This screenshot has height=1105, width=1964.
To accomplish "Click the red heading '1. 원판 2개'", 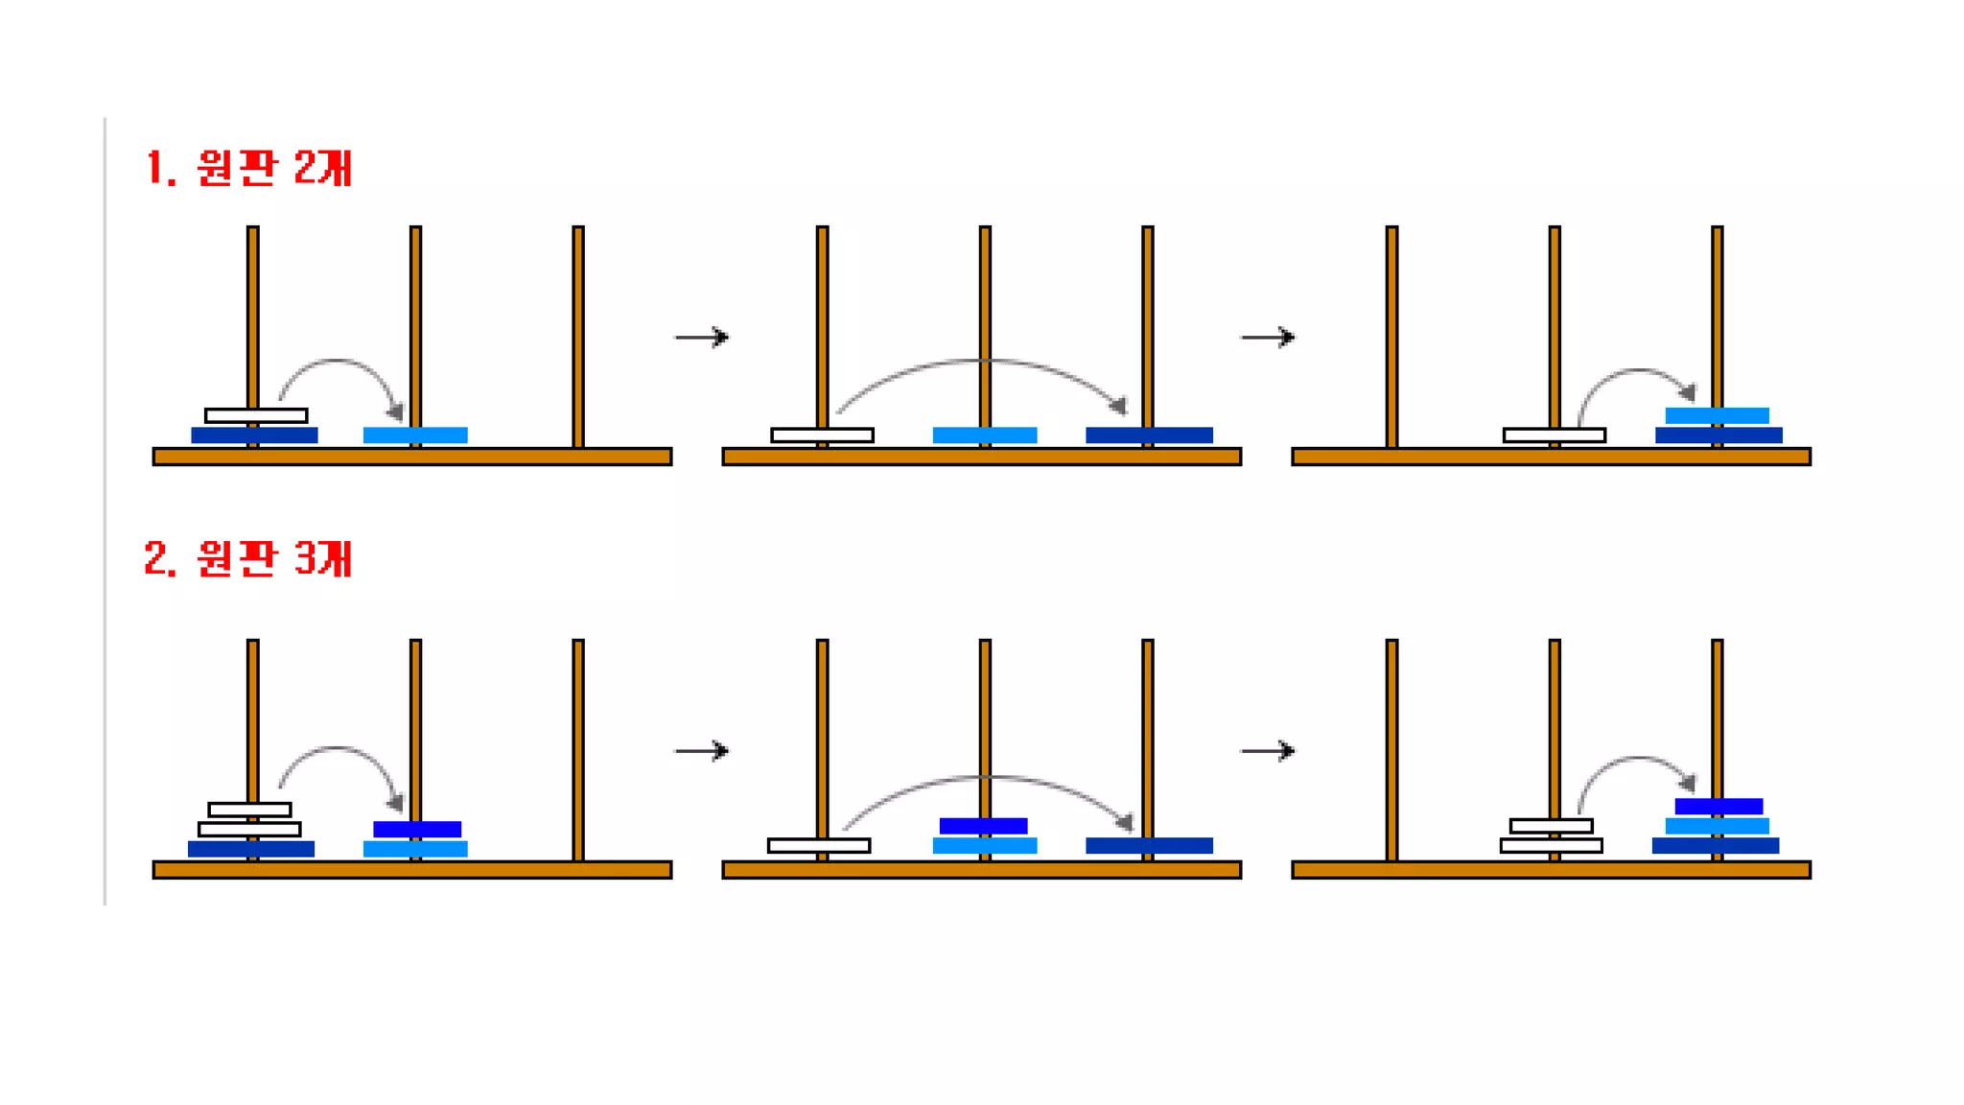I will click(248, 168).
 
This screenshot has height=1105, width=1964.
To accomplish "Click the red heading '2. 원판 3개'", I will click(248, 558).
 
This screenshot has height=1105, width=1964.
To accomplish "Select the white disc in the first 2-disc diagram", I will click(256, 415).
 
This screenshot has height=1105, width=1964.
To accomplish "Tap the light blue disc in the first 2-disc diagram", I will click(415, 435).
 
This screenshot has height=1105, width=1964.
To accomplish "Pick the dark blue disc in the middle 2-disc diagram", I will click(1149, 435).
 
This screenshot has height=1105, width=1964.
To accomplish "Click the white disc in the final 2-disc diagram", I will click(1554, 435).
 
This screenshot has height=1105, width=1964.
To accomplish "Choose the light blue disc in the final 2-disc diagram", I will click(1717, 415).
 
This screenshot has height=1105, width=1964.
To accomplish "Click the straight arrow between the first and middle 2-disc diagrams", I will click(702, 337).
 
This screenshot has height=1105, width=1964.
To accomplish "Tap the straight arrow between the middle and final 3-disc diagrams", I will click(1267, 750).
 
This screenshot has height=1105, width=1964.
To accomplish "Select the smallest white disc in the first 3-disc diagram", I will click(249, 810).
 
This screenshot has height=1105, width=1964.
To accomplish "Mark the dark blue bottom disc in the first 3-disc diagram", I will click(251, 848).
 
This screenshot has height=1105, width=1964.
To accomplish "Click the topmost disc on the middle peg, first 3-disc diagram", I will click(417, 829).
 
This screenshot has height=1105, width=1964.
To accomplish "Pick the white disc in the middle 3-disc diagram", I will click(819, 845).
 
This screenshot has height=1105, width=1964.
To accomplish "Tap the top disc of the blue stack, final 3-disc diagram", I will click(1718, 806).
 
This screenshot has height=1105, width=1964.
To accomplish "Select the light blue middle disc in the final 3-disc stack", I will click(1717, 826).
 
